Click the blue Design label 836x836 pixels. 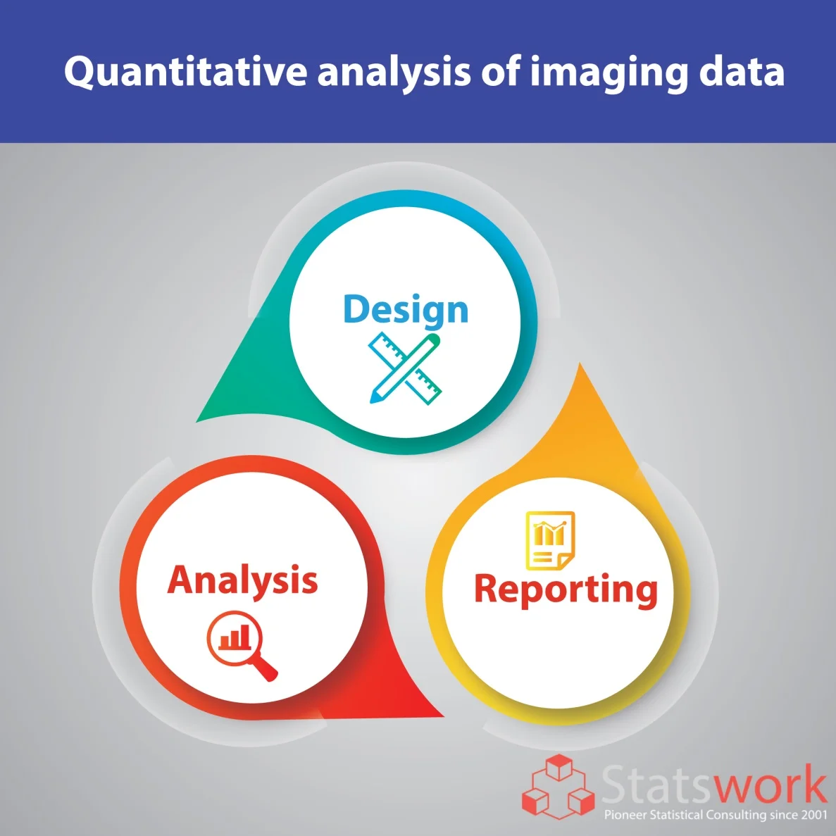click(406, 310)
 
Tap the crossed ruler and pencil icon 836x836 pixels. click(405, 368)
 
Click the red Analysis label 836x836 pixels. click(242, 581)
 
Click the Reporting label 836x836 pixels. click(566, 591)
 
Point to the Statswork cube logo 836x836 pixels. click(559, 787)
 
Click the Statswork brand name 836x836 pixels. click(714, 783)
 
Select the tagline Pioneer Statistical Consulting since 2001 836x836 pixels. click(716, 815)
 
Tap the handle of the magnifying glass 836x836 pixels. click(266, 670)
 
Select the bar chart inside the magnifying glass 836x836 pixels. click(235, 637)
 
